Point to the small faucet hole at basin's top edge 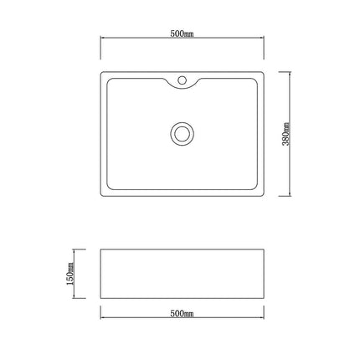pyautogui.click(x=182, y=82)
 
